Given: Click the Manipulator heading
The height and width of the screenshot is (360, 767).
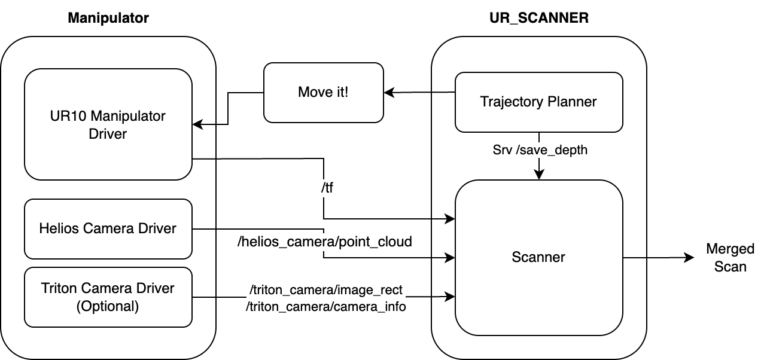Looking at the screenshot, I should click(x=108, y=18).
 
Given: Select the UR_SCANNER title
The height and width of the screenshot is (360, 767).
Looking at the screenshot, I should click(x=538, y=18).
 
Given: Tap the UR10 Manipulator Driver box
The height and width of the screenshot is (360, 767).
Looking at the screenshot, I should click(x=108, y=124).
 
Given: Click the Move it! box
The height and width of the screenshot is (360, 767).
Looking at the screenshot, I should click(x=323, y=92).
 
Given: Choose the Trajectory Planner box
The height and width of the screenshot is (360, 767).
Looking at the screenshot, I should click(x=538, y=102).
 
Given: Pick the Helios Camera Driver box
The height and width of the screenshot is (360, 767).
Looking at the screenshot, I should click(x=108, y=228).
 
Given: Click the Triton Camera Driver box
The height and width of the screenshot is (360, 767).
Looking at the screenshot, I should click(x=108, y=297).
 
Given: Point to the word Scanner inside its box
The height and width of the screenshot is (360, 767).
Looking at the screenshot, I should click(x=538, y=258).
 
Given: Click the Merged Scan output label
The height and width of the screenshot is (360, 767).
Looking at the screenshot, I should click(x=730, y=258).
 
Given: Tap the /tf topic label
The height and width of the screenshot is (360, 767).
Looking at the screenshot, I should click(x=327, y=188).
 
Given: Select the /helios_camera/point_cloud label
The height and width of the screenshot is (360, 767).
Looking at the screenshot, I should click(x=325, y=242).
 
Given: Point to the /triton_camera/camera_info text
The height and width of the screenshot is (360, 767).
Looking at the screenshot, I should click(x=326, y=307).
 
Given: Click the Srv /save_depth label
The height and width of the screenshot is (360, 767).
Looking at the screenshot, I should click(x=539, y=150).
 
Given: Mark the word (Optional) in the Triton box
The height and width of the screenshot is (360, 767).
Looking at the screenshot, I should click(x=108, y=306).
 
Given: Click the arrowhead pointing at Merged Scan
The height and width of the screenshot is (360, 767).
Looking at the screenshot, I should click(x=689, y=258).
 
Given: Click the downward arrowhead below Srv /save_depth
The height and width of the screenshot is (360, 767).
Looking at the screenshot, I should click(x=539, y=175).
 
